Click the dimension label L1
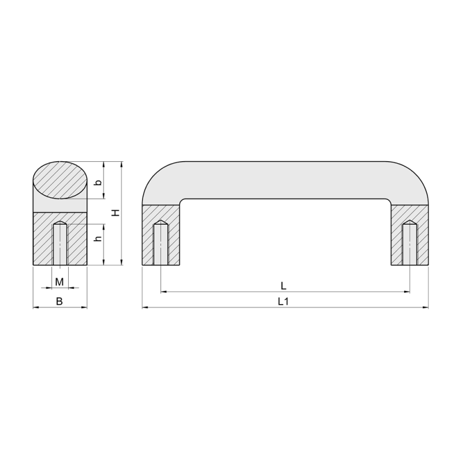coord(283,301)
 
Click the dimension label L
coord(283,286)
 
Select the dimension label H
coord(116,212)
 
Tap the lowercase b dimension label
coord(99,183)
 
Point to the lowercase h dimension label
coord(99,238)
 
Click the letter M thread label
coord(60,281)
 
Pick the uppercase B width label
coord(59,301)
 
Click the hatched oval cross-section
coord(60,180)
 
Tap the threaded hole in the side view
coord(60,243)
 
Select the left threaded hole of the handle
coord(161,243)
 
